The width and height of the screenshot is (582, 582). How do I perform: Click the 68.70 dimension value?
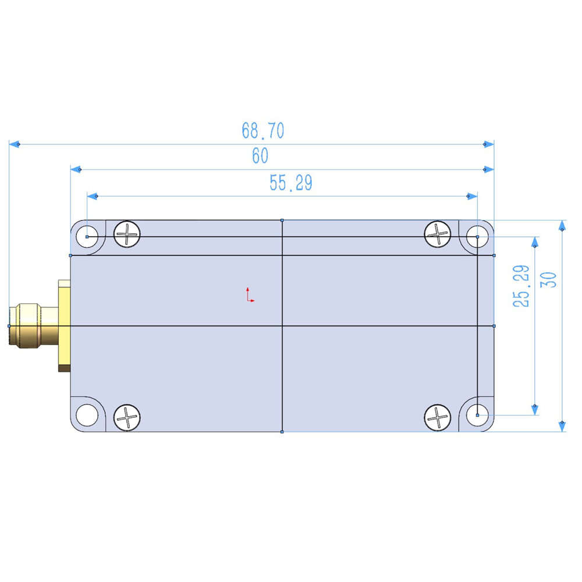263,130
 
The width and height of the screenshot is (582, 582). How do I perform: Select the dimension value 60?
260,155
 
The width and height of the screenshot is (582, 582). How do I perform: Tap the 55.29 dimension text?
290,183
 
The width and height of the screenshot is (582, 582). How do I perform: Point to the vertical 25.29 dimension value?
521,286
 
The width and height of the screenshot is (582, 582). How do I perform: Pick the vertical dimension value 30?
549,279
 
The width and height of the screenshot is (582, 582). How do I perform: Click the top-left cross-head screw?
127,234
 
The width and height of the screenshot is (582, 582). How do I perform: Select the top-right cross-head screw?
438,234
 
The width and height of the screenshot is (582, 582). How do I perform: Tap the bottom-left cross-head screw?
127,417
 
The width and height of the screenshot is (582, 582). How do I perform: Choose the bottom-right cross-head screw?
438,417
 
